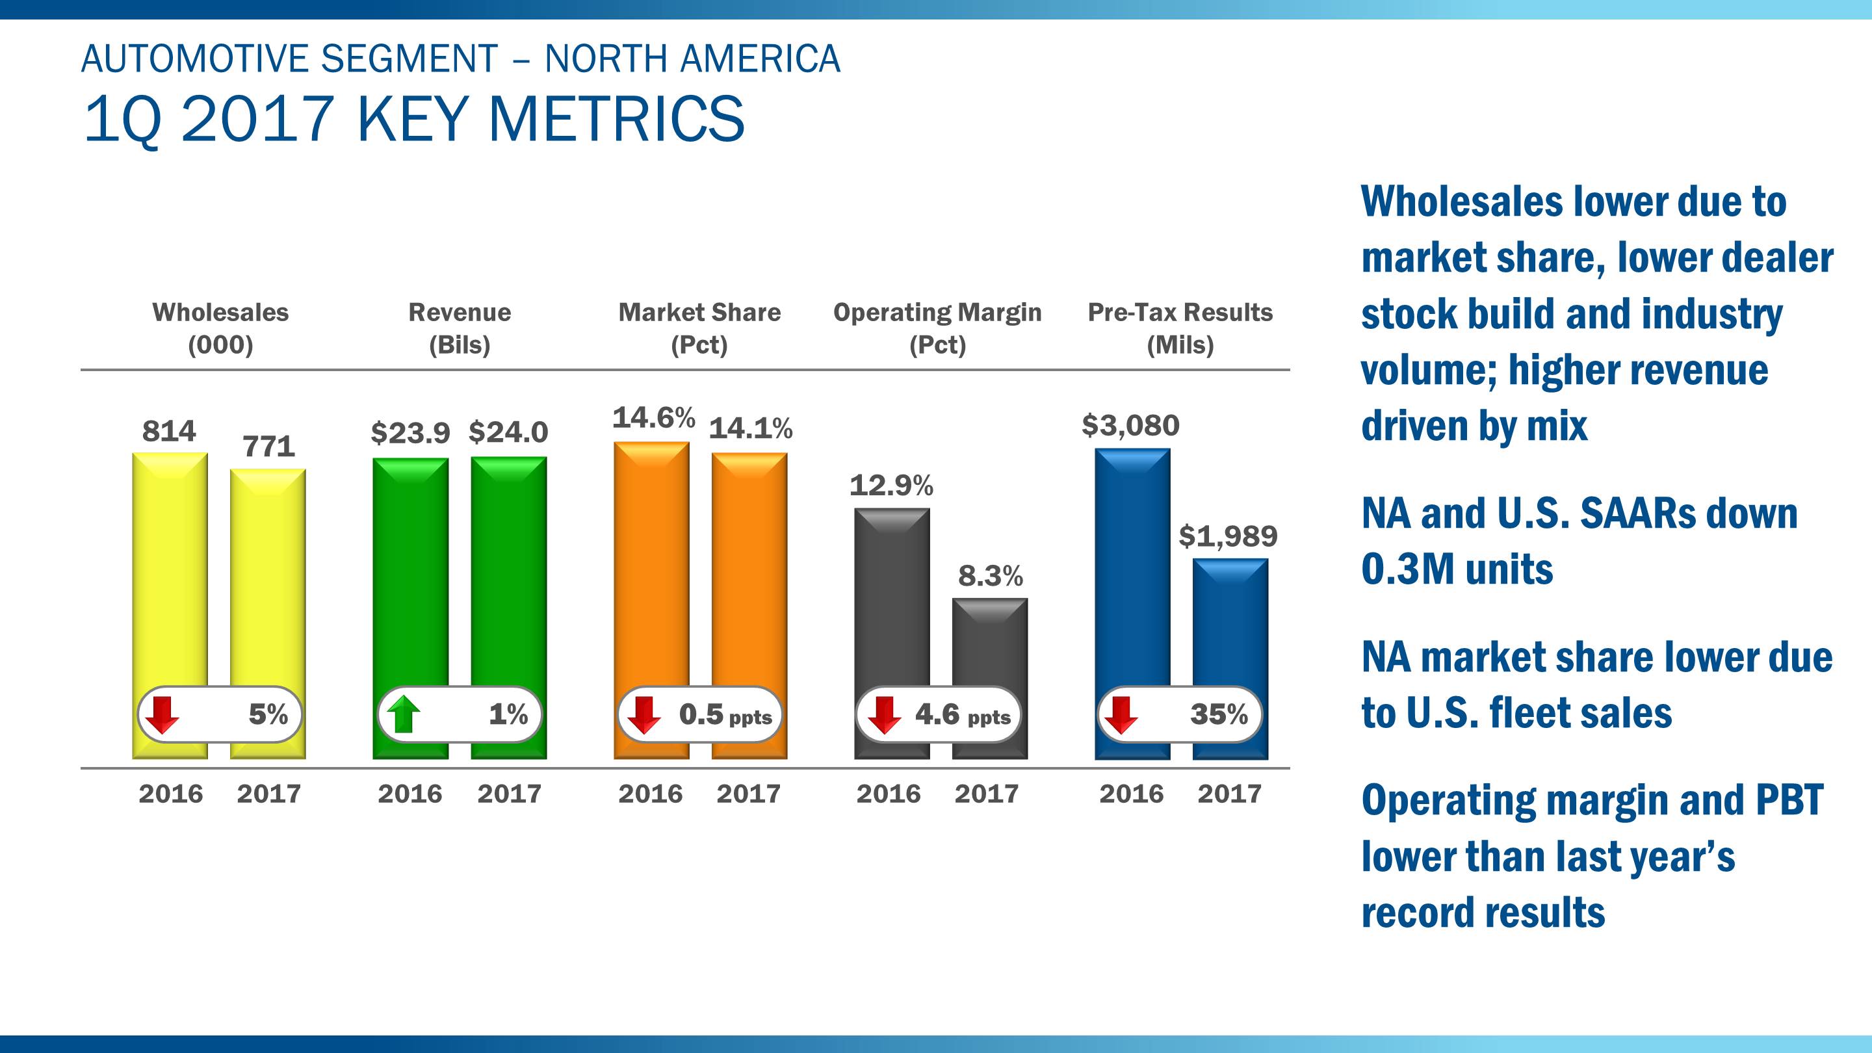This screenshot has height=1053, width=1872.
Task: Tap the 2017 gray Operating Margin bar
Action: tap(990, 640)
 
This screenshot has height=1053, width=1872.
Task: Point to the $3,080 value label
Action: tap(1131, 425)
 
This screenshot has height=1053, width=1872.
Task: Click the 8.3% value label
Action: tap(990, 577)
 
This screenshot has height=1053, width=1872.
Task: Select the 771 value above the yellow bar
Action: tap(269, 446)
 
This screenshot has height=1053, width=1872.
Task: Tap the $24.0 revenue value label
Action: tap(508, 432)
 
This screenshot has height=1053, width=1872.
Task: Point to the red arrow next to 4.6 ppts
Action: tap(884, 714)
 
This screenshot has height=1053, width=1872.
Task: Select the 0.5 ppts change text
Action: tap(725, 715)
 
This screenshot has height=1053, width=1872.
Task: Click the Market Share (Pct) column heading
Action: tap(699, 328)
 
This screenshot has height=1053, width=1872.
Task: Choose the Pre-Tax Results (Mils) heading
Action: tap(1180, 328)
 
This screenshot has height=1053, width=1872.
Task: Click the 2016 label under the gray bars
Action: tap(888, 794)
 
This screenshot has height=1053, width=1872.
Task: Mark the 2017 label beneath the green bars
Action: tap(509, 794)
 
